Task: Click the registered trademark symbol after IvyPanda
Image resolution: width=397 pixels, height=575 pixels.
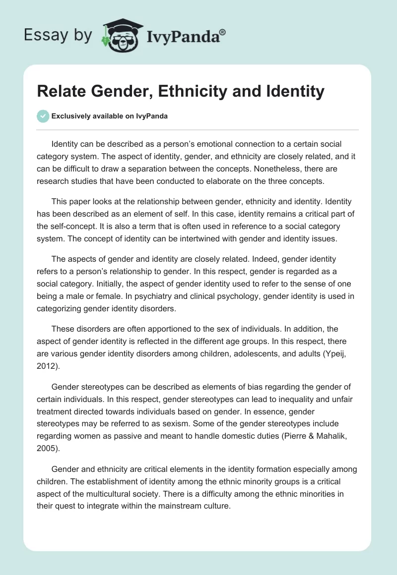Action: click(223, 31)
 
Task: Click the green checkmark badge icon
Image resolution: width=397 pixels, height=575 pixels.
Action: click(43, 116)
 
